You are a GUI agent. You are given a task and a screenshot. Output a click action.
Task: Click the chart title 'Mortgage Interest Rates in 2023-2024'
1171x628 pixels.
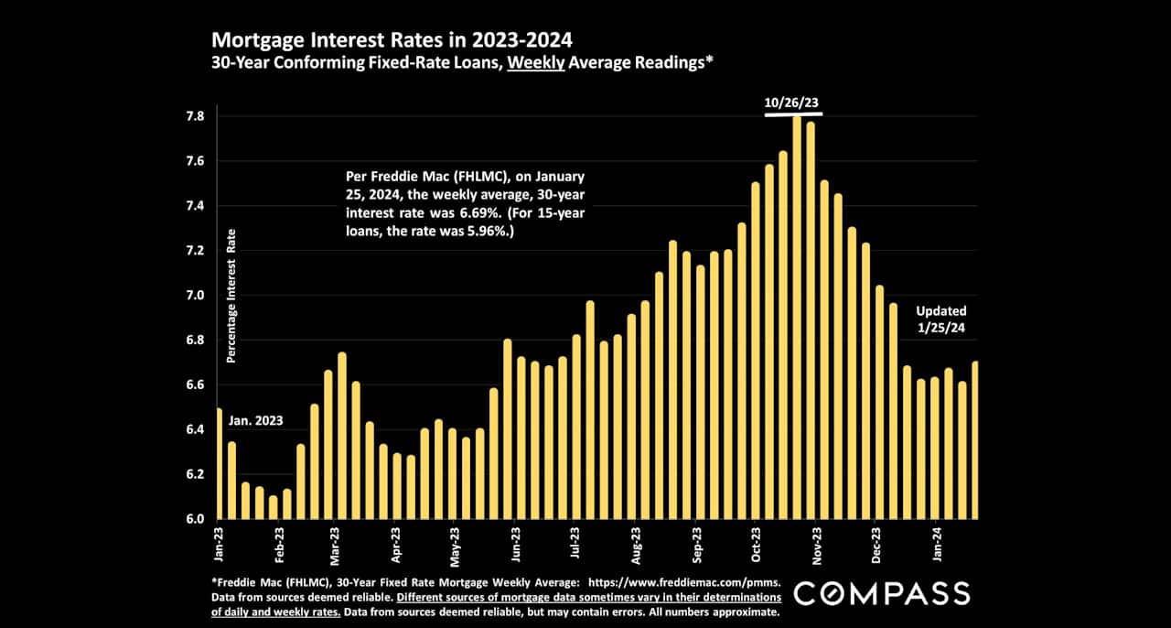point(392,40)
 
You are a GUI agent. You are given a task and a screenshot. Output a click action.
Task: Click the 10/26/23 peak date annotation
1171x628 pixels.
point(792,103)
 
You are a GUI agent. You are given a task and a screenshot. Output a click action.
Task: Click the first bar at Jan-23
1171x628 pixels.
point(219,463)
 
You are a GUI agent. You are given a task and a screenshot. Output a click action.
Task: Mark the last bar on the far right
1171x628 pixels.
point(975,440)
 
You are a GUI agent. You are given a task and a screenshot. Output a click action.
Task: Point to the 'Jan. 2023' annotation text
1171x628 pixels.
point(256,422)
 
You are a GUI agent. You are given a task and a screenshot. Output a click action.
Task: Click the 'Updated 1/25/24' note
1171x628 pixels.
point(940,320)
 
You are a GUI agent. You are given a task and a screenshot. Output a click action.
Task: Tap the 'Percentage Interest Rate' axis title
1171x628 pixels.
point(231,297)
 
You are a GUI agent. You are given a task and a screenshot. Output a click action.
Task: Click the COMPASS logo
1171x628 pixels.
point(881,593)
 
